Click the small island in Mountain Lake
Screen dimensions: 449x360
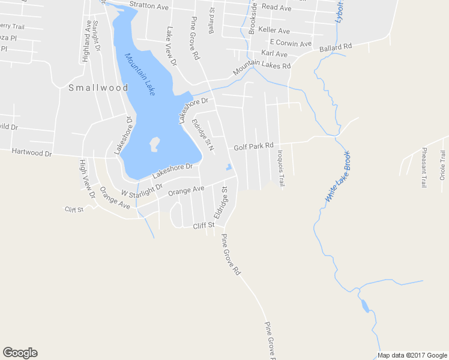tap(154, 144)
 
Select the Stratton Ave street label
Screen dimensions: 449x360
tap(149, 6)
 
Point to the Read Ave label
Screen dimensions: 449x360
tap(277, 8)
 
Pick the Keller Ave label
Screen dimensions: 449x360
tap(274, 31)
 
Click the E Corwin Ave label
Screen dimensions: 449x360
tap(291, 43)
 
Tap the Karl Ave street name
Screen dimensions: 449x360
tap(274, 54)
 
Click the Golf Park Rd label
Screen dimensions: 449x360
tap(253, 146)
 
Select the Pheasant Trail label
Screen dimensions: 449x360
tap(424, 167)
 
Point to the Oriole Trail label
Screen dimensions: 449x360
tap(443, 165)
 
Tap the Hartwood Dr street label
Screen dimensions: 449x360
tap(31, 153)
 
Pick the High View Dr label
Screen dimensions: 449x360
tap(88, 178)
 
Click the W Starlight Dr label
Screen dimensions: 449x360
tap(142, 190)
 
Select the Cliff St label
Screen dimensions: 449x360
tap(203, 226)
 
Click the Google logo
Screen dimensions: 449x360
tap(20, 353)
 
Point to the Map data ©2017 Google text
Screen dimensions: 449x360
tap(411, 355)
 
